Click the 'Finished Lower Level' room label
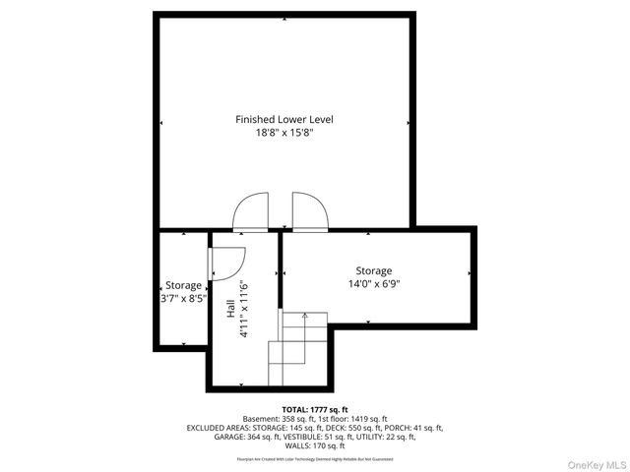coord(283,119)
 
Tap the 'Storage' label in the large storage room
coord(373,270)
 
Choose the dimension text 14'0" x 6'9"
coord(373,284)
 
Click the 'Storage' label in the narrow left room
coord(183,285)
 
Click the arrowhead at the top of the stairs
coord(305,316)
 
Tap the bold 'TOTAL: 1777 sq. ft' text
coord(315,409)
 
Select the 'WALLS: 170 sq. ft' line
coord(315,446)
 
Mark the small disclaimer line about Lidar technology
coord(315,459)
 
